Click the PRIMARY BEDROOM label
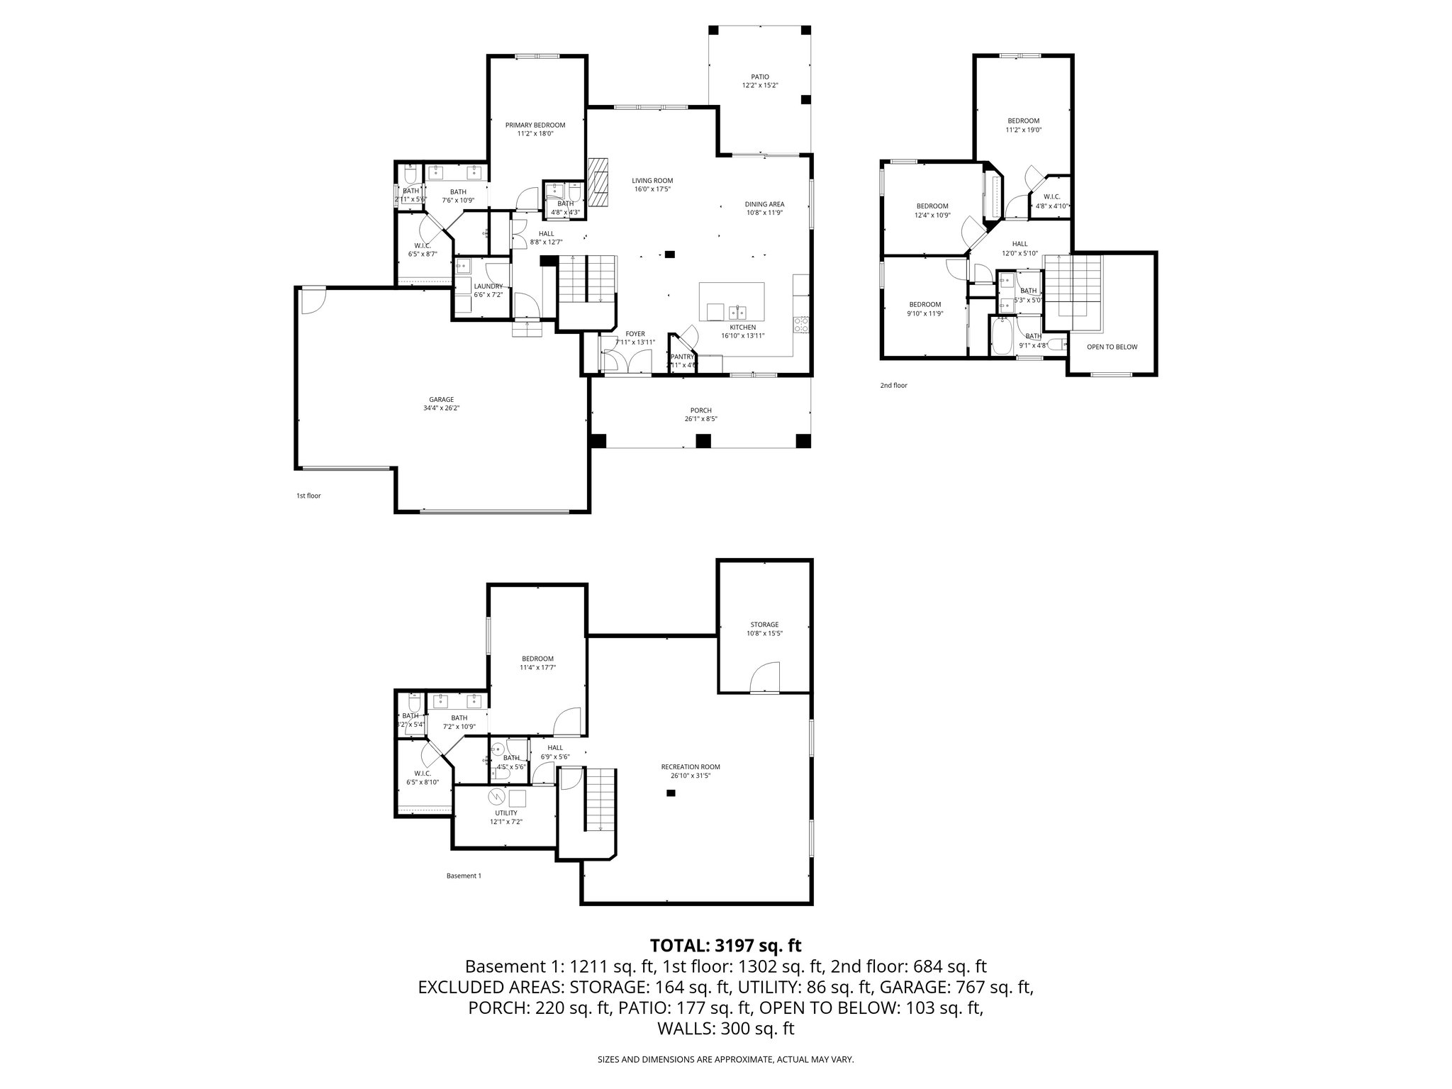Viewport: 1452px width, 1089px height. click(x=535, y=129)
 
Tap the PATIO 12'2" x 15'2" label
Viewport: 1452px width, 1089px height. click(x=760, y=81)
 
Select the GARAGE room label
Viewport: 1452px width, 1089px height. click(x=441, y=403)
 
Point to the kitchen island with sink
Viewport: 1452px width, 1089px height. click(x=732, y=302)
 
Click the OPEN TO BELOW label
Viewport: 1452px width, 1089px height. click(x=1112, y=347)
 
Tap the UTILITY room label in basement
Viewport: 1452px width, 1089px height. click(x=506, y=817)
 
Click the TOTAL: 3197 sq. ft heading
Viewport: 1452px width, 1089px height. click(x=725, y=945)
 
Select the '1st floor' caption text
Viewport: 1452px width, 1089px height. click(x=308, y=496)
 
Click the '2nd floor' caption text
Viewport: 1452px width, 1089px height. click(x=893, y=386)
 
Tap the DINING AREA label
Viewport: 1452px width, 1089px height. click(x=764, y=208)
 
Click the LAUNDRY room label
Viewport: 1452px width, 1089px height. click(x=488, y=290)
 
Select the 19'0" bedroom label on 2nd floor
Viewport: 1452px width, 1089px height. click(x=1023, y=125)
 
